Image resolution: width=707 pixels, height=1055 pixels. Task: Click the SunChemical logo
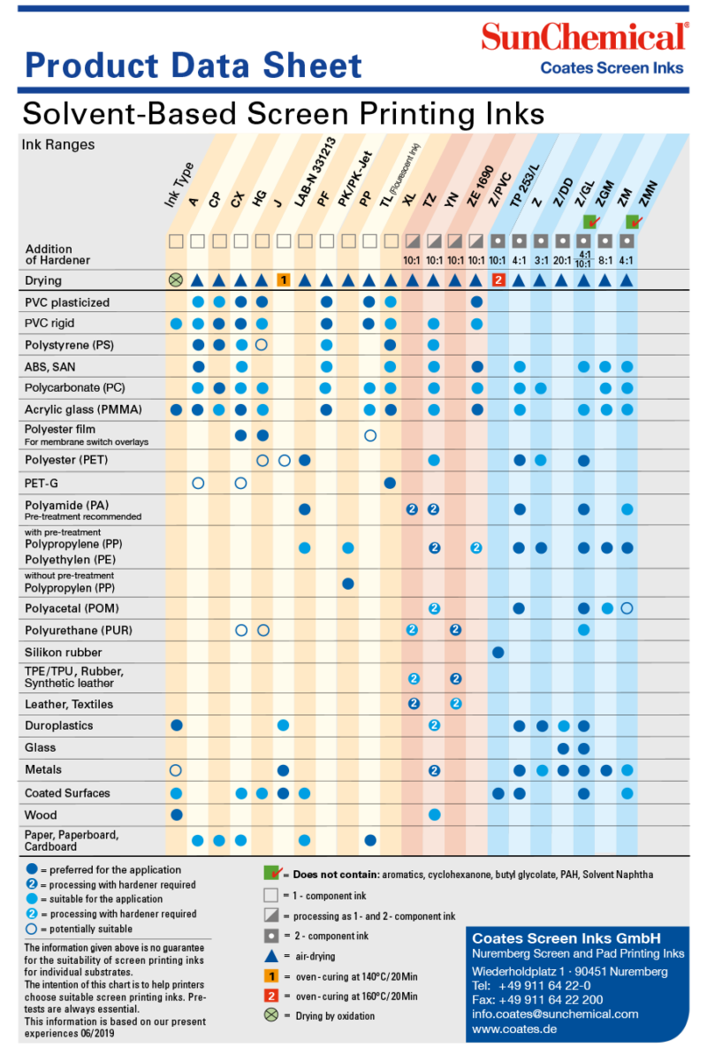[x=584, y=37]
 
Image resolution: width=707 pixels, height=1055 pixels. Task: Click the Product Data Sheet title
[x=194, y=65]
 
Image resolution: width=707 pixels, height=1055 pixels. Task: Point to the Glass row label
[x=41, y=747]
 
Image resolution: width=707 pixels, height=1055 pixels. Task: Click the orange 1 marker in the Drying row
[x=284, y=280]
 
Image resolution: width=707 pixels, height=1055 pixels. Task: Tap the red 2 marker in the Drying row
[x=498, y=280]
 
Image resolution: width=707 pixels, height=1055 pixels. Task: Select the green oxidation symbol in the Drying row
[x=176, y=280]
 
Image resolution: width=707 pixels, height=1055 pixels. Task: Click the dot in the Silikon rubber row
[x=498, y=652]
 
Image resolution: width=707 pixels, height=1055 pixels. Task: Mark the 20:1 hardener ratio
[x=562, y=261]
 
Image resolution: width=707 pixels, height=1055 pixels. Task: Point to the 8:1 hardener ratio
[x=605, y=261]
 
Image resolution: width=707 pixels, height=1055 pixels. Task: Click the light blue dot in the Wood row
[x=434, y=814]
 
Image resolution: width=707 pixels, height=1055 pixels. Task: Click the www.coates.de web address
[x=508, y=1029]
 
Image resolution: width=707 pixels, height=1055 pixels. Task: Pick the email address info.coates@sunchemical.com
[x=555, y=1014]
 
